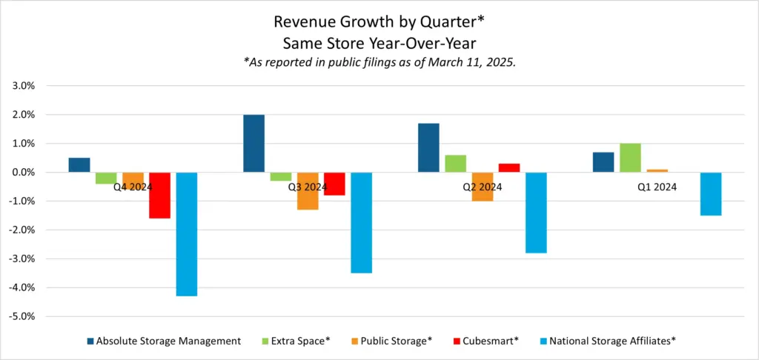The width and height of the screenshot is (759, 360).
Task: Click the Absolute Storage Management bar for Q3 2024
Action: point(254,144)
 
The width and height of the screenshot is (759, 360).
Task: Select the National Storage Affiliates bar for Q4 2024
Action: point(186,234)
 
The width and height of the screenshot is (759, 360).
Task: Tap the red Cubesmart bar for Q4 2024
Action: point(159,196)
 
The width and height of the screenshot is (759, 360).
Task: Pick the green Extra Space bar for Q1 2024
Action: point(630,158)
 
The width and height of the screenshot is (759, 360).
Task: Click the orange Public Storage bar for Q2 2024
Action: point(482,187)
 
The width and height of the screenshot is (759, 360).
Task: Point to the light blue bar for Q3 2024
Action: point(361,223)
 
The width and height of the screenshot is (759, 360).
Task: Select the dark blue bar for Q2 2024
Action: point(428,148)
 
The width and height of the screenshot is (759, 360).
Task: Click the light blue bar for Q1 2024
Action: point(710,194)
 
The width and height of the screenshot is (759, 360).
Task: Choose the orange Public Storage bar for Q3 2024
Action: point(308,191)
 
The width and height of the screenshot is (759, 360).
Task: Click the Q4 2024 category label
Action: point(133,187)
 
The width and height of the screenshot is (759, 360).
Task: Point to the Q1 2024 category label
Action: point(657,187)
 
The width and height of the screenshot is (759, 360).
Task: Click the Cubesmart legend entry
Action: point(489,341)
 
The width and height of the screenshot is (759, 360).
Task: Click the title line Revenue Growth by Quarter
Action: point(379,19)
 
